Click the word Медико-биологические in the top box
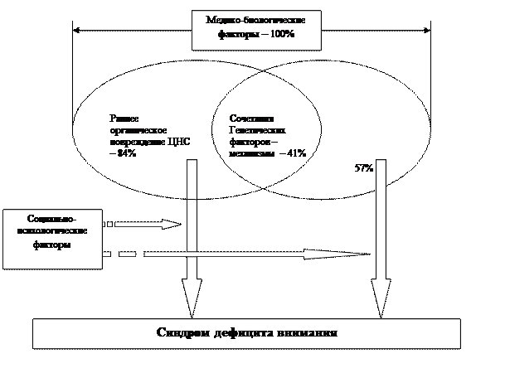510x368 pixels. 255,21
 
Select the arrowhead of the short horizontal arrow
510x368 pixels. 172,224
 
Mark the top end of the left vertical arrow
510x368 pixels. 192,162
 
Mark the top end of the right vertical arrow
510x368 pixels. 381,162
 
